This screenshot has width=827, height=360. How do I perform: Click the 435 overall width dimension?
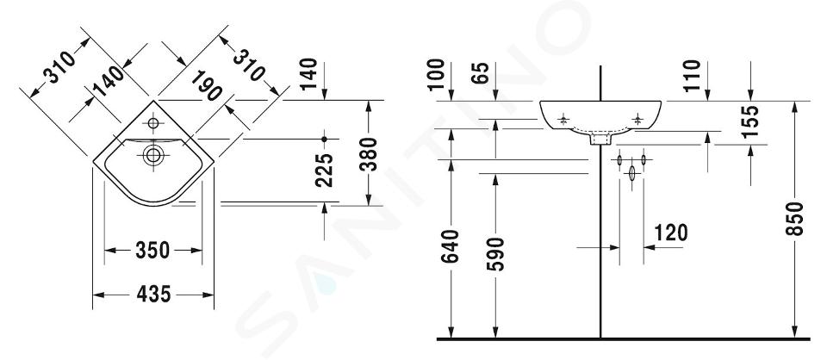point(153,294)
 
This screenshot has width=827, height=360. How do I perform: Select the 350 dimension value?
point(152,250)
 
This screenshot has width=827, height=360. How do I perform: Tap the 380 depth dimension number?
point(370,154)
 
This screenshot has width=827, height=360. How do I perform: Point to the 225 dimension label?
point(325,170)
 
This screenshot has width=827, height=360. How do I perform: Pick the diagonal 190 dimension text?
point(206,85)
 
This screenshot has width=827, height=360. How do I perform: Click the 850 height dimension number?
point(795,218)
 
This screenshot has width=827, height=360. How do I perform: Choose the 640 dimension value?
point(451,245)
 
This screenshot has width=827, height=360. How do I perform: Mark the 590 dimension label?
point(496,253)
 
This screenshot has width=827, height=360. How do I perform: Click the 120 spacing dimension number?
point(671,232)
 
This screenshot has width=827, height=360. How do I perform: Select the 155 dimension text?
point(750,121)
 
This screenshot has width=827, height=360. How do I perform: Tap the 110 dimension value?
point(692,76)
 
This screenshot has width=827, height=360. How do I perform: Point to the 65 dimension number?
point(481,73)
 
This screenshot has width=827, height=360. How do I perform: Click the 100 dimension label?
point(436,75)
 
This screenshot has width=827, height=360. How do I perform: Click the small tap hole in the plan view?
point(153,123)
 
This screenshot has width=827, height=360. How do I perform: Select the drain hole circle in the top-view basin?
point(153,155)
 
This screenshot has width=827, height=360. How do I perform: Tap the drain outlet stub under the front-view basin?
point(600,140)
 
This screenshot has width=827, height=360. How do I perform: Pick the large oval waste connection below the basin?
point(631,173)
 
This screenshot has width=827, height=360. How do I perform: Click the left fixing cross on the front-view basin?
point(563,119)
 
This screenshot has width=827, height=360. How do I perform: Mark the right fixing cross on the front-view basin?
point(638,119)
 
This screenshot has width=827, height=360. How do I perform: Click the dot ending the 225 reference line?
point(325,139)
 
